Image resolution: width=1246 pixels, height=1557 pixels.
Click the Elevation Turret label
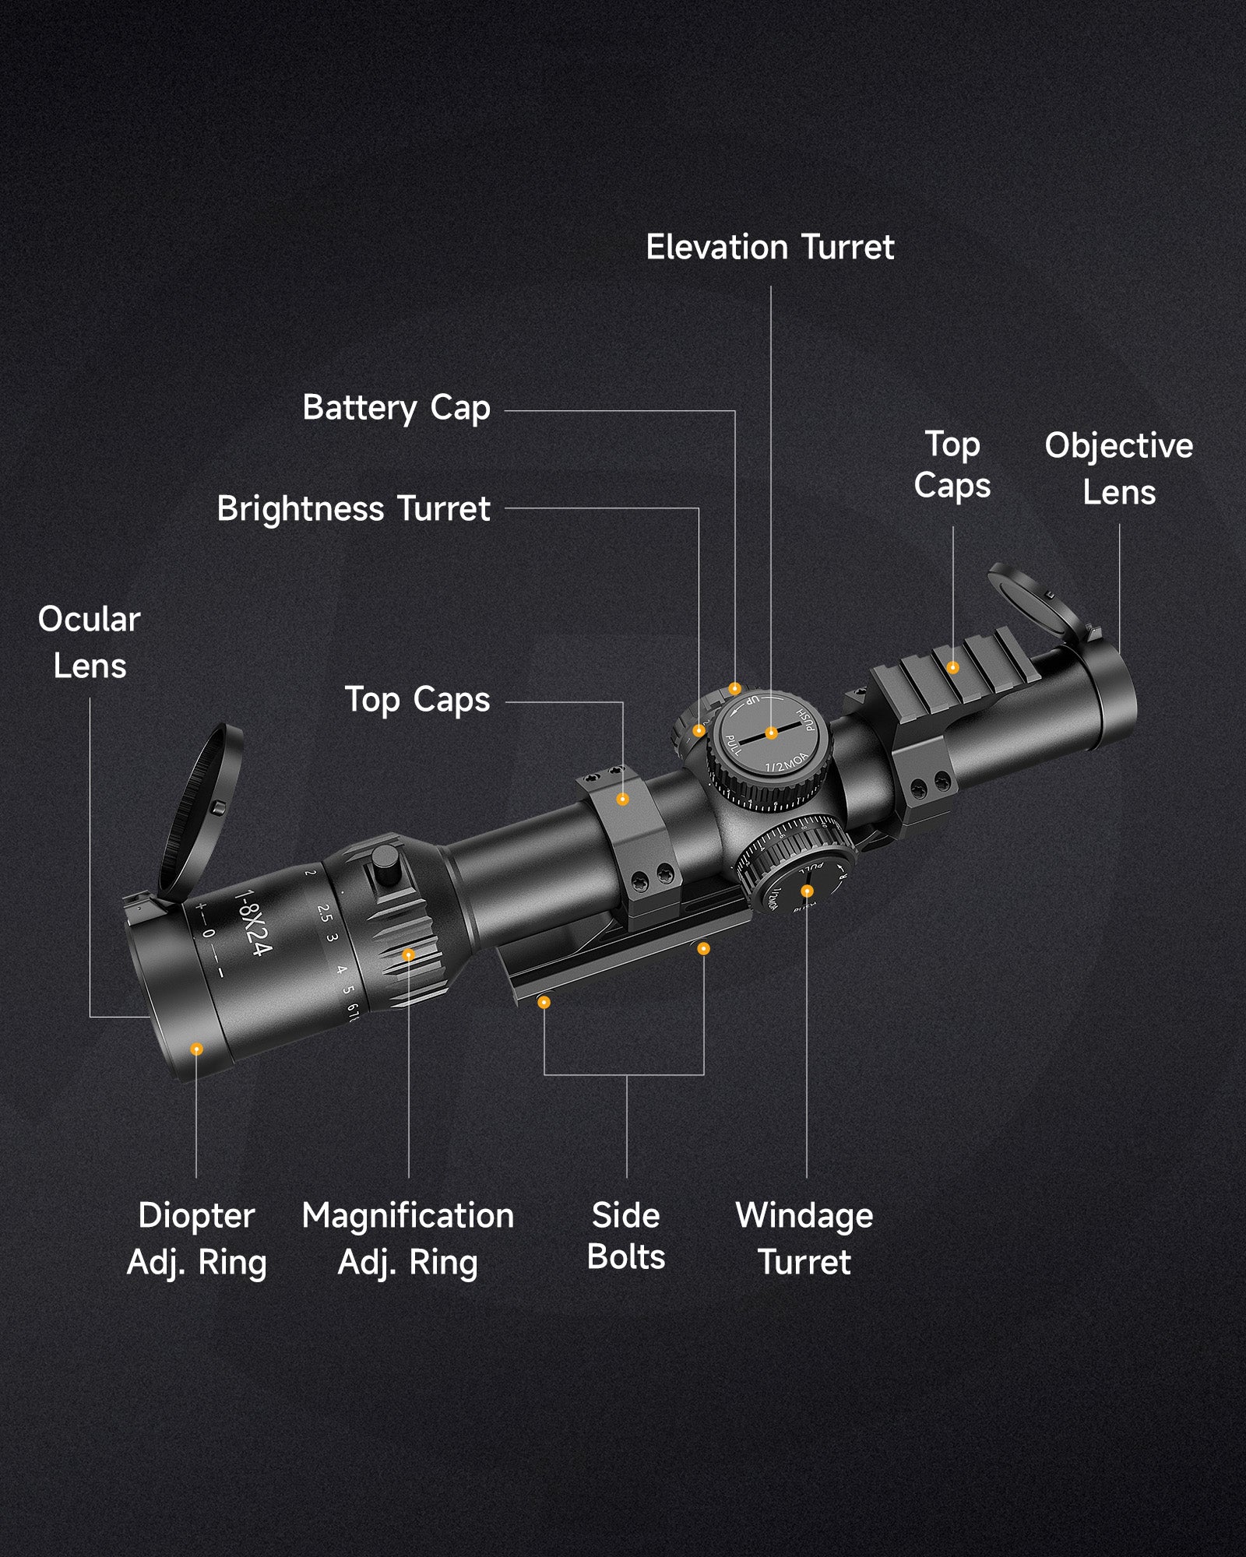coord(770,248)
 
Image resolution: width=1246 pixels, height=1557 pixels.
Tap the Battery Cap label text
coord(396,408)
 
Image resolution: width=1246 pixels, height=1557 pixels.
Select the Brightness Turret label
coord(354,509)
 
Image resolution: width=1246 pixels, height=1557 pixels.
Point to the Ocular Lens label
coord(90,642)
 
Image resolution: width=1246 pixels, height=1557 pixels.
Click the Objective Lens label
coord(1119,469)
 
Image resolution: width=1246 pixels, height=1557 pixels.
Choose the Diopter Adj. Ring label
coord(197,1238)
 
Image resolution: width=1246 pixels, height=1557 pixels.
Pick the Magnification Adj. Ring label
coord(408,1238)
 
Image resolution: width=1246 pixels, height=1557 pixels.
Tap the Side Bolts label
coord(626,1235)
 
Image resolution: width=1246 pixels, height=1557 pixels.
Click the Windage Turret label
coord(805,1238)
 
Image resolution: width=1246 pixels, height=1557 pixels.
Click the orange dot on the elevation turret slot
coord(771,733)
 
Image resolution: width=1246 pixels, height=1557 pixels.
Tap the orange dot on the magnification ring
coord(408,954)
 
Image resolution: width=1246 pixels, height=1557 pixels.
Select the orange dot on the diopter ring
coord(196,1049)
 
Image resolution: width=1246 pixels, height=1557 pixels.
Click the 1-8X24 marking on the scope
coord(254,923)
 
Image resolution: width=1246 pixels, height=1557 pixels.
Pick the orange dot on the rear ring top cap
coord(622,799)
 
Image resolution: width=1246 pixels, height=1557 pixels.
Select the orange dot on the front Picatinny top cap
coord(952,667)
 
